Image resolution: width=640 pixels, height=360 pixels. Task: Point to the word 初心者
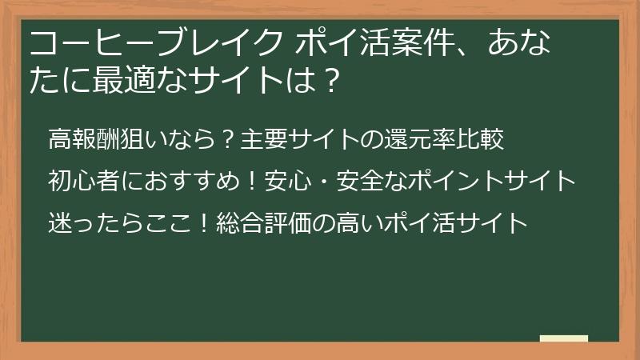(x=78, y=181)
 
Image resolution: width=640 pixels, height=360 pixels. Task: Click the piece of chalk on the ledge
(x=563, y=338)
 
